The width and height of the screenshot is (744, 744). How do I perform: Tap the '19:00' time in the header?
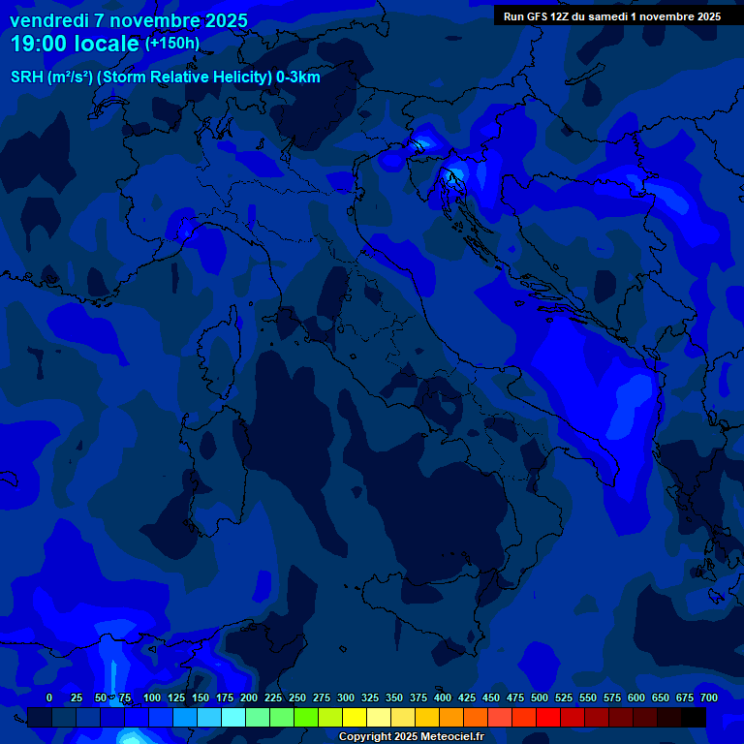[x=37, y=44]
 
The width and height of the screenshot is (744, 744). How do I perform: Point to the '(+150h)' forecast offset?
[x=172, y=44]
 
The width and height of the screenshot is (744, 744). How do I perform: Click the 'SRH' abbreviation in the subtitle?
[x=27, y=77]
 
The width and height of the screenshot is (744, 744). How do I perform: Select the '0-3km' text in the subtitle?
[x=298, y=77]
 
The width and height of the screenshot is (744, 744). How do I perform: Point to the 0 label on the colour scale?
[x=49, y=697]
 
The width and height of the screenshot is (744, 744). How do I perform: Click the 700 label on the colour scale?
[x=708, y=697]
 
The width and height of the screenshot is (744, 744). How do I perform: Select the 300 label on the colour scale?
[x=345, y=697]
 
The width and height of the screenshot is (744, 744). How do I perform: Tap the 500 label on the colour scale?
[x=539, y=697]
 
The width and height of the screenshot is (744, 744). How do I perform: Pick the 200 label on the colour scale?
[x=248, y=697]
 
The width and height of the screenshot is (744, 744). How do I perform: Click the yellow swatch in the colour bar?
[x=355, y=718]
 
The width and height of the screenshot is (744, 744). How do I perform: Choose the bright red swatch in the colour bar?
[x=548, y=718]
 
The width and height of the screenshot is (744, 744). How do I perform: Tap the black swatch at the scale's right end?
[x=694, y=718]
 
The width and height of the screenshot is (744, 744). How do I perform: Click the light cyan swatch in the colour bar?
[x=233, y=718]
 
